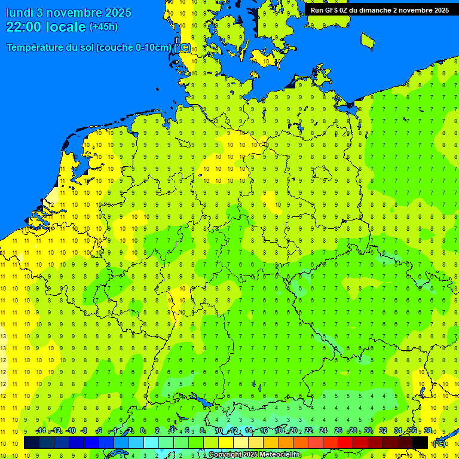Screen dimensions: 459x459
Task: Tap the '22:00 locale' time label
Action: pos(45,27)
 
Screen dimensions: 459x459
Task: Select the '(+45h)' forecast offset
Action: pos(103,27)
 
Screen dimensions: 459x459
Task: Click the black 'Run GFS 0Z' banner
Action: pos(380,10)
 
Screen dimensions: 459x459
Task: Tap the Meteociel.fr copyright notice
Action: pos(254,455)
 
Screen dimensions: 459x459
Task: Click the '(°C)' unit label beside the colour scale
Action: pos(439,443)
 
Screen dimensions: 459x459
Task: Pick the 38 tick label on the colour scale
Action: pos(428,431)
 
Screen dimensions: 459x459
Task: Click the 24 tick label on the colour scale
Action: pos(323,431)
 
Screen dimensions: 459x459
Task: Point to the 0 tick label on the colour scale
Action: pos(143,431)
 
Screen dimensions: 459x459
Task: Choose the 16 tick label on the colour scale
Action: pos(264,431)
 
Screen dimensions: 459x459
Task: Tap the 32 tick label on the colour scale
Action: pos(383,431)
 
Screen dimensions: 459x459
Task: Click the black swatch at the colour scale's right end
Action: pos(420,442)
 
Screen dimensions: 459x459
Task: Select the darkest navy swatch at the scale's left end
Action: pos(32,442)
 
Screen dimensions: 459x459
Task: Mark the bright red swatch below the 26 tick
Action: pos(345,442)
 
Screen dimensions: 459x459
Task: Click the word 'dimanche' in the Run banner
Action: pos(376,10)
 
